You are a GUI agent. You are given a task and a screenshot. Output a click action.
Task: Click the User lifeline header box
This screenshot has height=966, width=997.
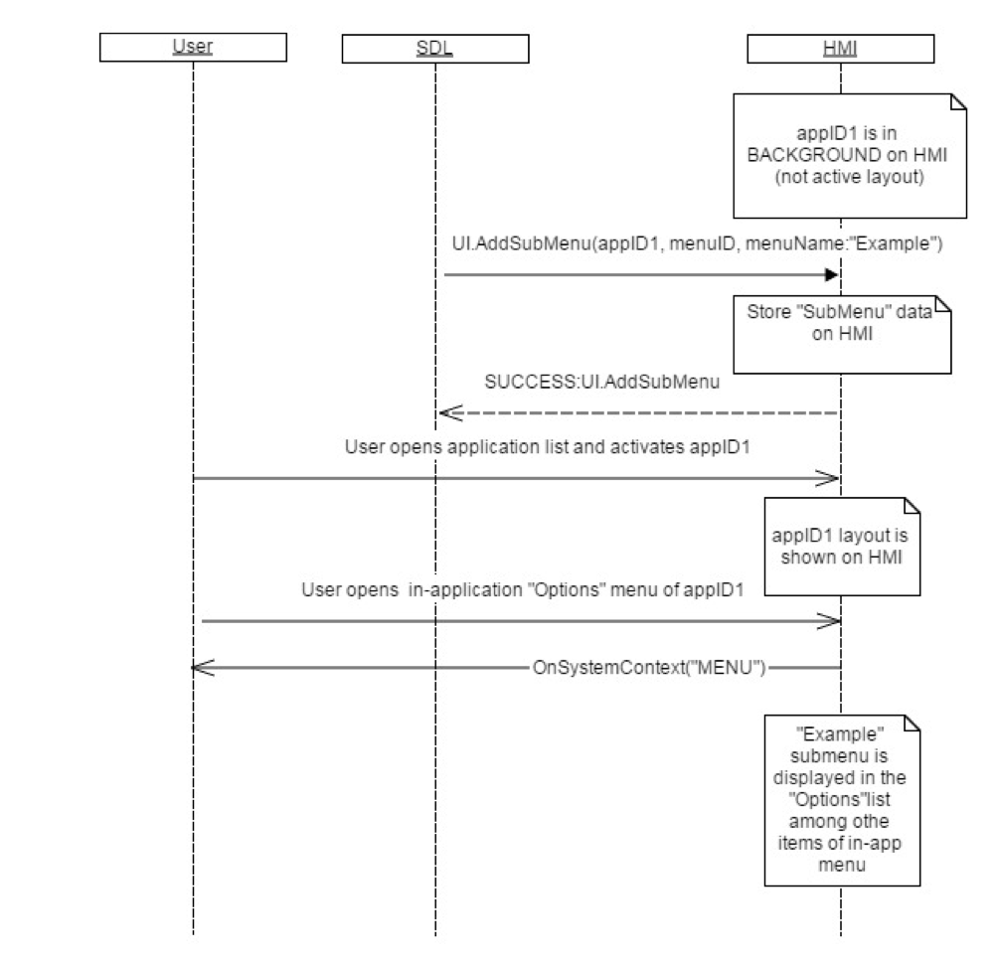[193, 47]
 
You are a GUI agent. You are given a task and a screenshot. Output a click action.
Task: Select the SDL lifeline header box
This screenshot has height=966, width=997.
[435, 47]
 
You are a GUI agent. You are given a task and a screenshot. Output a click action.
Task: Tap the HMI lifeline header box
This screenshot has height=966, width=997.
[840, 47]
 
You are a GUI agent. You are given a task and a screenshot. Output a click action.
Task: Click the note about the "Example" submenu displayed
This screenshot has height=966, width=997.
[841, 800]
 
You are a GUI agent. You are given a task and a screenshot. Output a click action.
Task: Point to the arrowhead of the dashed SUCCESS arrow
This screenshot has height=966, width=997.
[449, 412]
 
